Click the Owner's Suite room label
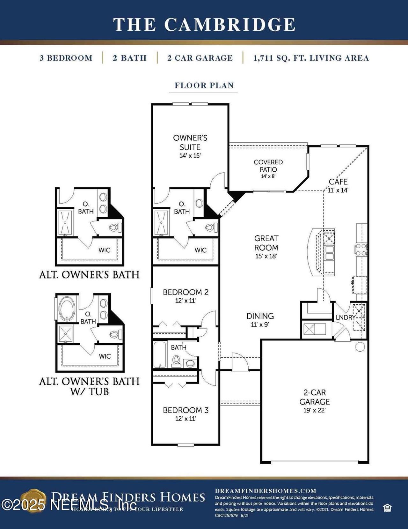[190, 143]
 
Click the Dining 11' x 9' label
[260, 319]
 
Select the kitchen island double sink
[329, 252]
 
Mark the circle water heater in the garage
[360, 347]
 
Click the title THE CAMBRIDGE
[204, 25]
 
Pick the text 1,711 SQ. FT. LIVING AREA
[311, 58]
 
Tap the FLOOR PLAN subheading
[204, 86]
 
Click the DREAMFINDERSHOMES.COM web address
[266, 491]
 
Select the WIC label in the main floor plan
[200, 250]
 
